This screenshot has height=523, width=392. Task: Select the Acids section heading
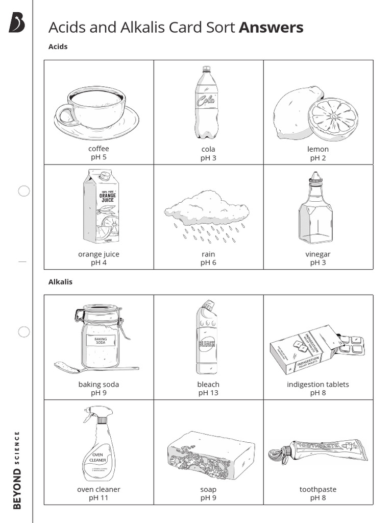(58, 46)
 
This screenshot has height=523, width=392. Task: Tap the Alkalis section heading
(60, 281)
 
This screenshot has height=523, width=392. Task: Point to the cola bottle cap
(206, 69)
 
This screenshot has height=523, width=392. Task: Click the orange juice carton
(101, 207)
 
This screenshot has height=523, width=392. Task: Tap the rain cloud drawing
(207, 207)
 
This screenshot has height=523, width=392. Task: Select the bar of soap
(210, 455)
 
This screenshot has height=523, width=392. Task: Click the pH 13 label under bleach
(208, 393)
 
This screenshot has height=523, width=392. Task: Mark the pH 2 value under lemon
(317, 158)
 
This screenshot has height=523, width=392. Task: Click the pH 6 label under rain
(208, 263)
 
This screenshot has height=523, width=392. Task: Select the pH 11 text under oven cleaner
(99, 498)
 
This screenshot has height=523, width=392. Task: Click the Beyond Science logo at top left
(17, 23)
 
